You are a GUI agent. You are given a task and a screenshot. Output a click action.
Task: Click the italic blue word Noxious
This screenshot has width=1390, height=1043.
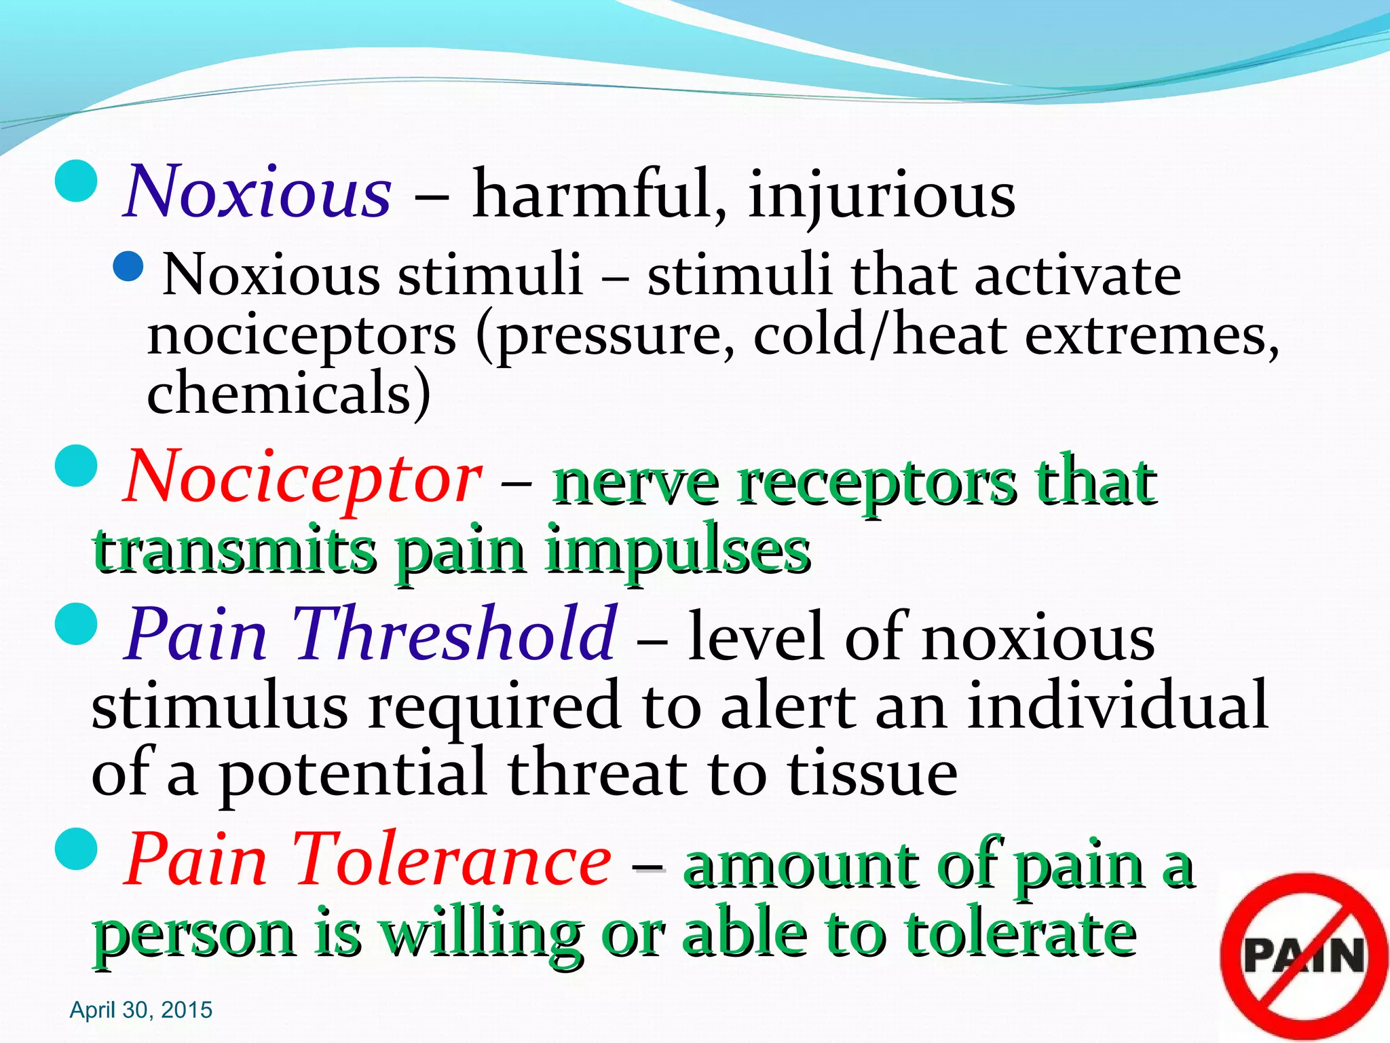[258, 194]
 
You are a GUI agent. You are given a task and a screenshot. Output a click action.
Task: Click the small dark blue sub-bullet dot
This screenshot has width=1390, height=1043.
[128, 267]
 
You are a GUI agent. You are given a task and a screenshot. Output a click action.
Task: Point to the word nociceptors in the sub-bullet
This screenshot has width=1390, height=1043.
[301, 336]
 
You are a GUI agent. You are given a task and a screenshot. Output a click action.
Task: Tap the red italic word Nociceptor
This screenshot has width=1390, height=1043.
[303, 479]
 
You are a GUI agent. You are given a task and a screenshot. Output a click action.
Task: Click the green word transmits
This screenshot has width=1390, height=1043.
[235, 550]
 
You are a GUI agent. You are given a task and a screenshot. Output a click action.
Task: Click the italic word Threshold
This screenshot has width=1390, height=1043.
[455, 634]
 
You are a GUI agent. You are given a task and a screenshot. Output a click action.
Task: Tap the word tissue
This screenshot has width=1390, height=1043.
[872, 774]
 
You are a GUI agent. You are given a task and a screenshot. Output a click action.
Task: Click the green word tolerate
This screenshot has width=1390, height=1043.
[1021, 934]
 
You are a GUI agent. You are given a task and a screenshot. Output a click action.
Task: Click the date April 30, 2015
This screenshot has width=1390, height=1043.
[141, 1010]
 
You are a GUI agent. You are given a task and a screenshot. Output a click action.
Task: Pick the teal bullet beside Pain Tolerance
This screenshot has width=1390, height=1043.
[76, 849]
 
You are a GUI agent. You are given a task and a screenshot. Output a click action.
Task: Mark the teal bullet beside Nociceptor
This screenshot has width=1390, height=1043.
[76, 466]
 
